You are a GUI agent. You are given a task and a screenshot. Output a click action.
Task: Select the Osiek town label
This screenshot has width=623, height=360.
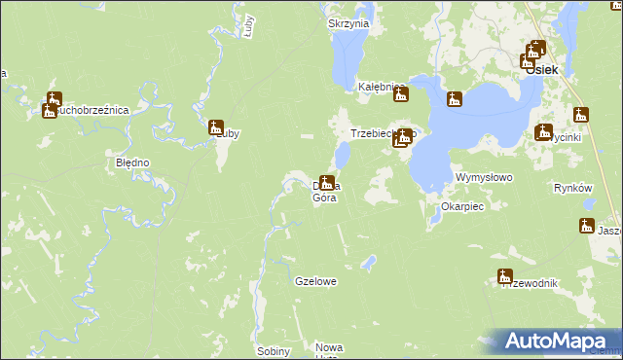[x=540, y=70]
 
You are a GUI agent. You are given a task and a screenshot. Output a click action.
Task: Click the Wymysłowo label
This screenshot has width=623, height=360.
[x=484, y=178]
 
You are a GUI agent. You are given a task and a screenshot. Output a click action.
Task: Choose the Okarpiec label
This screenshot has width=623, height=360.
[x=462, y=207]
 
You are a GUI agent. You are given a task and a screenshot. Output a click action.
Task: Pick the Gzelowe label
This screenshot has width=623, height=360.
[x=315, y=281]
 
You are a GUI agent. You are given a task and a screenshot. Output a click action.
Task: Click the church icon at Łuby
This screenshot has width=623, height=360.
[x=216, y=126]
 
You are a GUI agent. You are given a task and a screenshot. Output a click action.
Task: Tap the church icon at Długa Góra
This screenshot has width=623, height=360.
[x=328, y=182]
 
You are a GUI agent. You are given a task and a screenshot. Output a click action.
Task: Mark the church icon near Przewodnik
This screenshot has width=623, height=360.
[x=504, y=275]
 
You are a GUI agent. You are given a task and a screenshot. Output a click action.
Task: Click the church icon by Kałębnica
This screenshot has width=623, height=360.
[x=399, y=94]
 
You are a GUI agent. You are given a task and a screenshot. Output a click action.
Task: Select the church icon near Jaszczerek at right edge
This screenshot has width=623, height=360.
[x=586, y=226]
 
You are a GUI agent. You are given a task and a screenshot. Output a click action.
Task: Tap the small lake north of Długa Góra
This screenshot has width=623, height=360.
[x=343, y=155]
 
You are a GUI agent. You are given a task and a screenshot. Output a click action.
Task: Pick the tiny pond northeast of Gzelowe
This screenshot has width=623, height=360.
[x=368, y=262]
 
